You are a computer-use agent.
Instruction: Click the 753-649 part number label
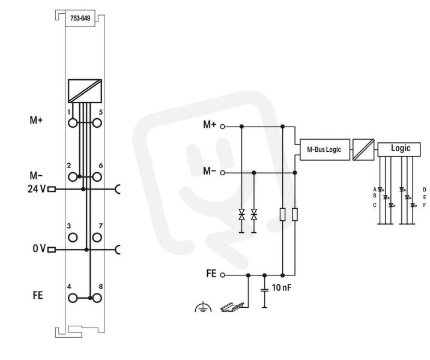(80, 19)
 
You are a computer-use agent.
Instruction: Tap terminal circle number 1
(73, 123)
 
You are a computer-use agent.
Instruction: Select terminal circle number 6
(97, 177)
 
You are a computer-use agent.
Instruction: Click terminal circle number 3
(73, 237)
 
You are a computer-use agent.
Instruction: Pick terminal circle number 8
(97, 298)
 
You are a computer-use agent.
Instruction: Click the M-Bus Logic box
(325, 149)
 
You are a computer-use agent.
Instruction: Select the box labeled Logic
(399, 149)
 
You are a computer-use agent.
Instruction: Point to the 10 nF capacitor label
(282, 287)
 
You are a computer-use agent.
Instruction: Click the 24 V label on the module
(37, 189)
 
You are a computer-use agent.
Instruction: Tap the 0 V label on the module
(39, 248)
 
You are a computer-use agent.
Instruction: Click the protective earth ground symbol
(203, 307)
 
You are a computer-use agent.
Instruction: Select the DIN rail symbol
(232, 307)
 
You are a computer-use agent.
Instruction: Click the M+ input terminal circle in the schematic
(223, 127)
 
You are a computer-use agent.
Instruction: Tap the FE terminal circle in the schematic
(223, 275)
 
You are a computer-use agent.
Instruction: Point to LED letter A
(375, 190)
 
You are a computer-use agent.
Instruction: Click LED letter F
(425, 205)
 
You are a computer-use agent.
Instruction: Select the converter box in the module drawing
(85, 91)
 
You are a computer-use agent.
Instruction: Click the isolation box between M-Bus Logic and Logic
(363, 149)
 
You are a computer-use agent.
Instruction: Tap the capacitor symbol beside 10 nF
(264, 290)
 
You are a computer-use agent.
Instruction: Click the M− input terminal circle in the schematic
(223, 173)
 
